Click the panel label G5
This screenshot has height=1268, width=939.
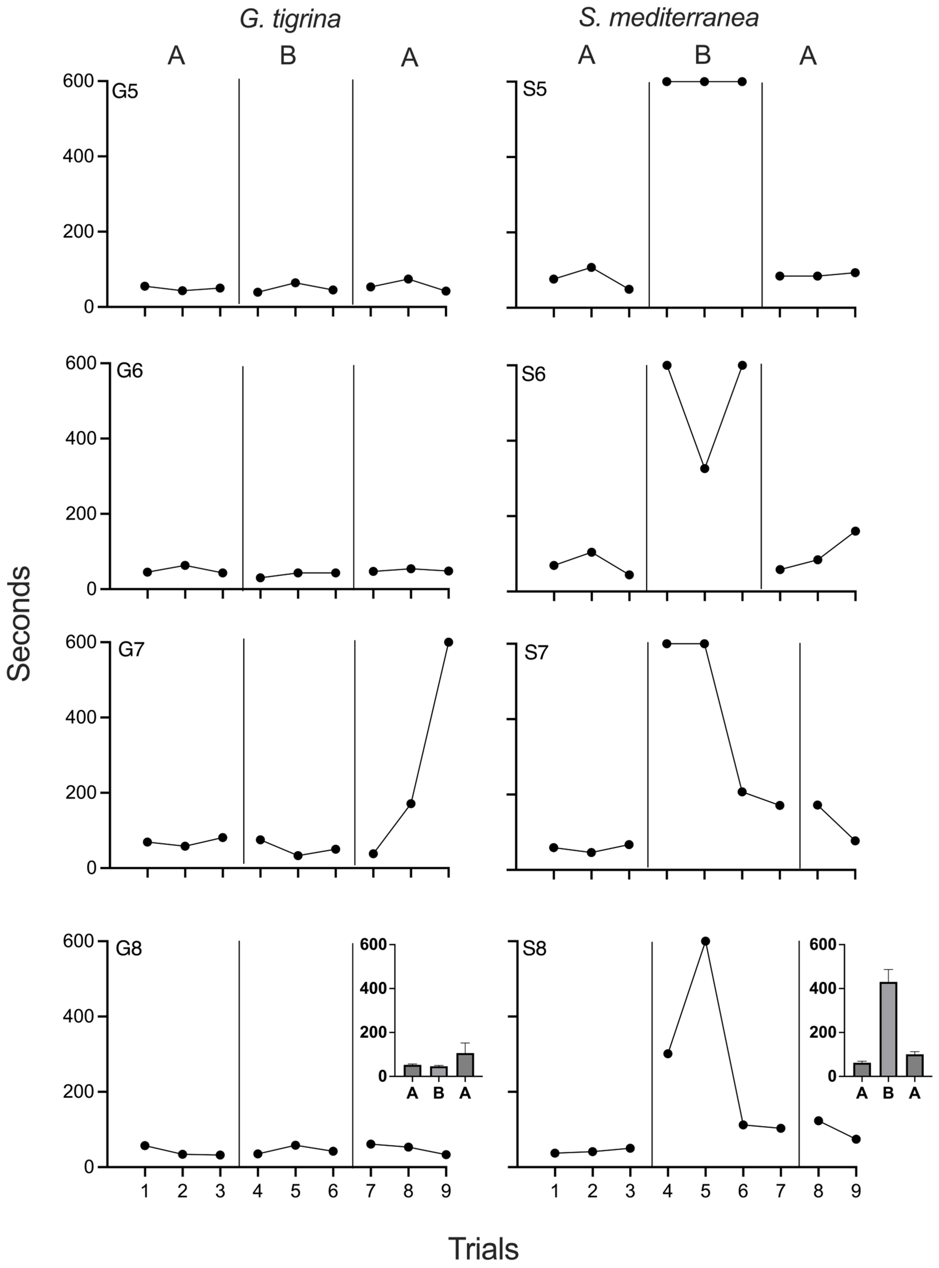[x=125, y=92]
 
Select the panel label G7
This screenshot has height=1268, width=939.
[x=131, y=649]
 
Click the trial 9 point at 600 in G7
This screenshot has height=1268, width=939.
[x=449, y=642]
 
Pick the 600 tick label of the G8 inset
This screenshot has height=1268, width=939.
[x=373, y=945]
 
